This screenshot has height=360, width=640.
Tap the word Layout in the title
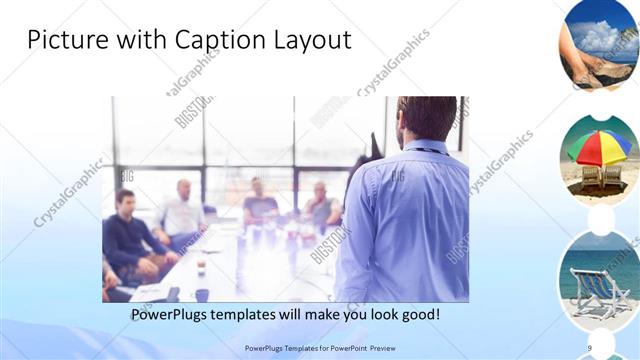[311, 40]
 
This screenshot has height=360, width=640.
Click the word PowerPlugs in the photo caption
[177, 315]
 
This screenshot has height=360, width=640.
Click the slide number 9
[589, 347]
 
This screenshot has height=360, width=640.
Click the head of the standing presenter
[427, 118]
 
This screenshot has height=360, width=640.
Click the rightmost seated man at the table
[321, 206]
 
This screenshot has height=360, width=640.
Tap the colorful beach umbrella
[599, 145]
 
